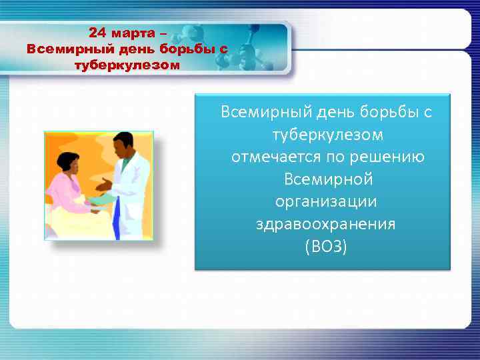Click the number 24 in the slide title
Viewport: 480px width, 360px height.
(97, 33)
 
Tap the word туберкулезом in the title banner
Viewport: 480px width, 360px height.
(127, 65)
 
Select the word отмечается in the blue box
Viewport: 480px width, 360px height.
(271, 157)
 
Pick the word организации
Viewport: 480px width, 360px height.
(326, 202)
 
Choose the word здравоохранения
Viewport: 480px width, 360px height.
(325, 224)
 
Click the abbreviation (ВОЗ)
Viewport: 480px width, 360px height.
(325, 247)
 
